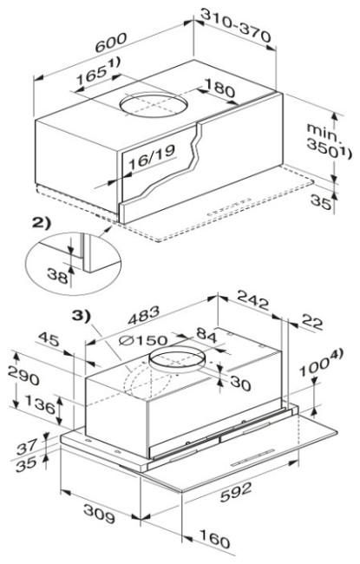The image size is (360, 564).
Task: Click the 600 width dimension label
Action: pyautogui.click(x=111, y=43)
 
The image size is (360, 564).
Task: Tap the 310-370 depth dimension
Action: pyautogui.click(x=235, y=25)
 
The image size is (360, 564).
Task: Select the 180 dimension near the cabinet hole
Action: pyautogui.click(x=219, y=88)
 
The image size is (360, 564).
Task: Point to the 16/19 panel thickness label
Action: pyautogui.click(x=152, y=157)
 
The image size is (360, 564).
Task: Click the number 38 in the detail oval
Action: pyautogui.click(x=57, y=277)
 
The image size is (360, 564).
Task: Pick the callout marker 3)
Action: pyautogui.click(x=82, y=316)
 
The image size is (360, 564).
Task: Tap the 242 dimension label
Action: pyautogui.click(x=252, y=300)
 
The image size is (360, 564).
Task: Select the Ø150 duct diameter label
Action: pyautogui.click(x=143, y=340)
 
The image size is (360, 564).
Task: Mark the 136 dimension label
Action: pyautogui.click(x=40, y=404)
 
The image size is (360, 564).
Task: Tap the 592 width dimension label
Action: pyautogui.click(x=236, y=492)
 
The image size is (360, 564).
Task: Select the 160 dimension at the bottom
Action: pyautogui.click(x=214, y=539)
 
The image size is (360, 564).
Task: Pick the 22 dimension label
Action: pyautogui.click(x=311, y=322)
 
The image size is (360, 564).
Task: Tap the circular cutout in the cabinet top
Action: pyautogui.click(x=154, y=103)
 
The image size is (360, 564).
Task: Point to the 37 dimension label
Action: pyautogui.click(x=27, y=447)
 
